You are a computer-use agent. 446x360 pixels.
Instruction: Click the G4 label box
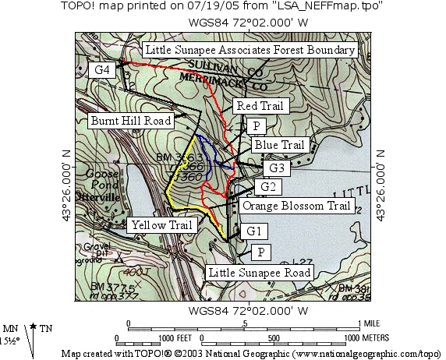pos(102,70)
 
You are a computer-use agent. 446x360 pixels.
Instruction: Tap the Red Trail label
pos(262,106)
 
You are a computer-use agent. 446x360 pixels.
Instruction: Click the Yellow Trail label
pos(161,225)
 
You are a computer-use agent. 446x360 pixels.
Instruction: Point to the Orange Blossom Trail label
pos(295,206)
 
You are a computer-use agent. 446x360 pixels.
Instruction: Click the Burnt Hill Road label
pos(130,121)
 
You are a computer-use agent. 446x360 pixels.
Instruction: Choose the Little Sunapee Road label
pos(260,272)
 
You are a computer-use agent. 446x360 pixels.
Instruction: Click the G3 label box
pos(277,168)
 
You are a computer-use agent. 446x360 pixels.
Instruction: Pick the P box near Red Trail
pos(255,125)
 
